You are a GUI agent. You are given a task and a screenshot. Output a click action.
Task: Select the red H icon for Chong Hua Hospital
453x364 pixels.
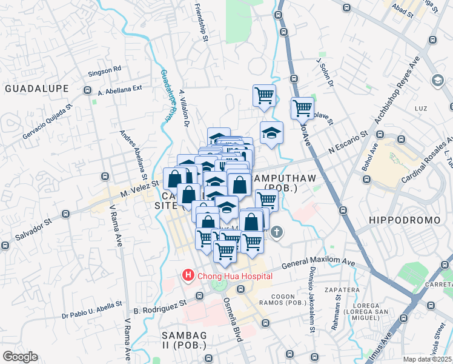click(188, 277)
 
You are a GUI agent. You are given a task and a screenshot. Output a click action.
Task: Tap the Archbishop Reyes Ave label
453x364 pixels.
click(396, 92)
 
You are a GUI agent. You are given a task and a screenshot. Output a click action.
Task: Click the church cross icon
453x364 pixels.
click(277, 232)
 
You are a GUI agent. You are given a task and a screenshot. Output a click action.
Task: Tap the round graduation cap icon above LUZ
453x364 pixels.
click(437, 80)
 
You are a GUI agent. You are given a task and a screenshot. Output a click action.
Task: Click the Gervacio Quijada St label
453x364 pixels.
click(47, 121)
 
